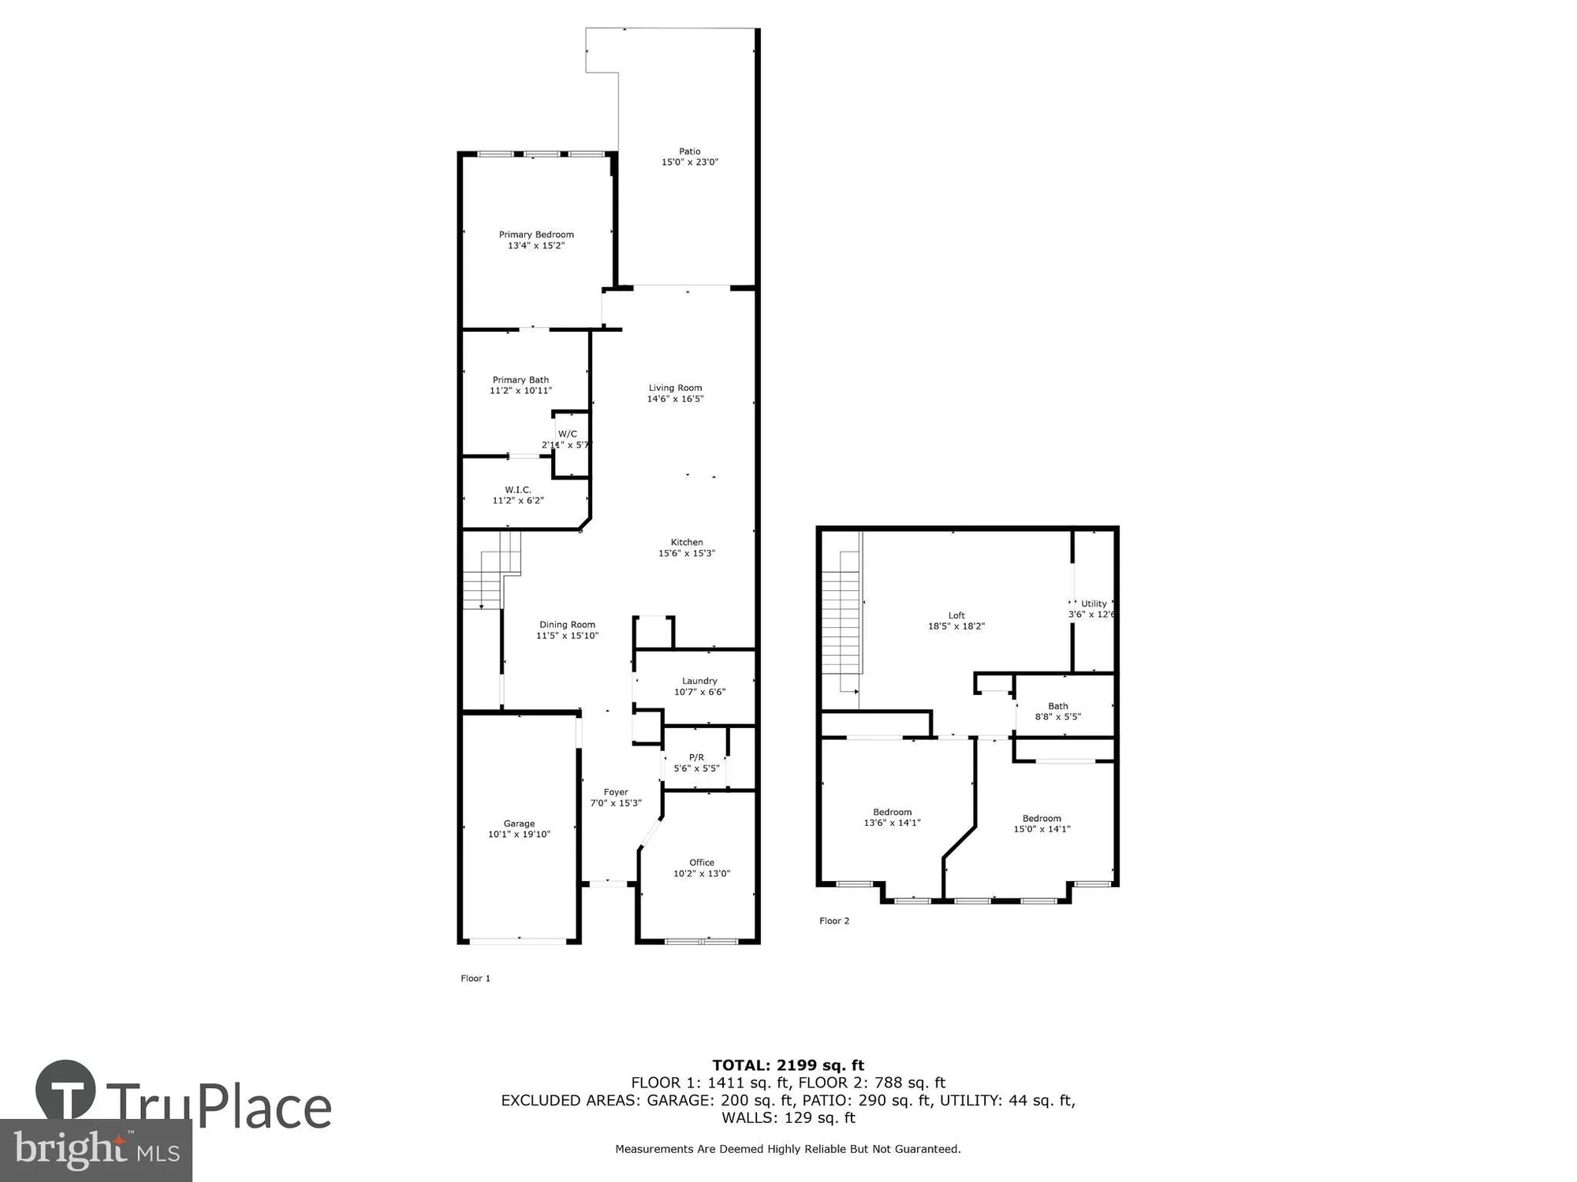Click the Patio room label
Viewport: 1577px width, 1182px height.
click(x=690, y=151)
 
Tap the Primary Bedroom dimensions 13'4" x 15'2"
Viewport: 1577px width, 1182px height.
click(x=536, y=246)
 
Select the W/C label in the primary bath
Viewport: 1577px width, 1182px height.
click(x=568, y=434)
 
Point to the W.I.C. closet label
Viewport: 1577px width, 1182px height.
click(x=518, y=490)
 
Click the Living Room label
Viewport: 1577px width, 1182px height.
click(x=675, y=388)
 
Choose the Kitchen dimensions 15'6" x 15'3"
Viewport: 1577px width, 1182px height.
click(x=687, y=553)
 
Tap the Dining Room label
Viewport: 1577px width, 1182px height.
click(x=567, y=625)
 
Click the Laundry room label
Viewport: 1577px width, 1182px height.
click(x=699, y=681)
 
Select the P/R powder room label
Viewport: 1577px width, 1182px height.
click(x=696, y=757)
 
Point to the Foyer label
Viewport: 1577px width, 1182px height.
click(x=616, y=793)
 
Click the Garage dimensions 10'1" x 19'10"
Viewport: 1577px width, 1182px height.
click(x=519, y=834)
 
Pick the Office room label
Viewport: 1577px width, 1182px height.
click(x=702, y=863)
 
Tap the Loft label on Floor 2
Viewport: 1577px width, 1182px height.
click(x=956, y=615)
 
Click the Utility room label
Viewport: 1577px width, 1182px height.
click(x=1094, y=604)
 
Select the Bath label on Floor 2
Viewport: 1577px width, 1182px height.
click(x=1058, y=706)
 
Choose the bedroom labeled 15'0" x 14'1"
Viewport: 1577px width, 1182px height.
click(x=1042, y=823)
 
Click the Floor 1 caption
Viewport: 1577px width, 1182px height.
click(x=475, y=979)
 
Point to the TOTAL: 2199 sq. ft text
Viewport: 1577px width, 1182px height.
click(x=788, y=1065)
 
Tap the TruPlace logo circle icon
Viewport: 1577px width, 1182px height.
click(x=65, y=1091)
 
